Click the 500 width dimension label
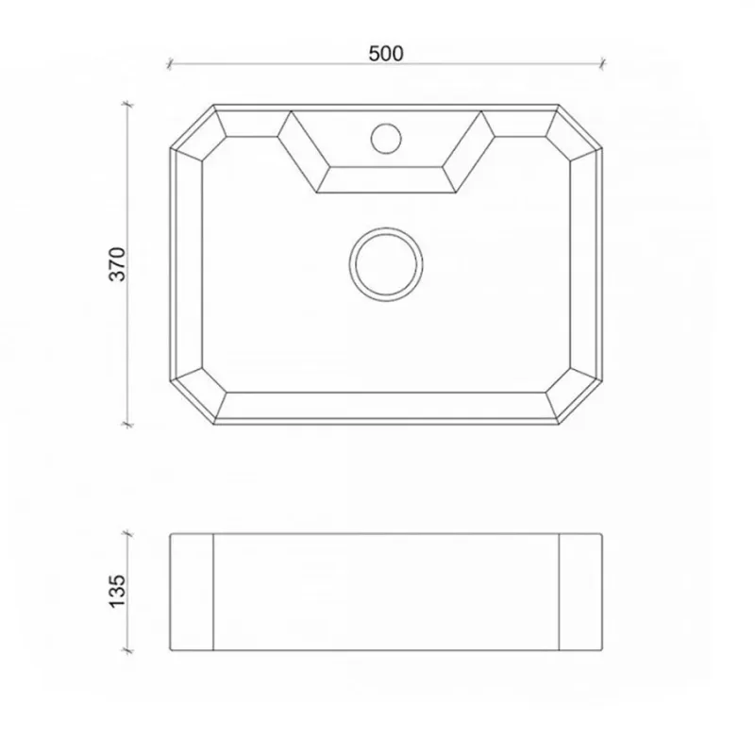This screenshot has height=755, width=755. click(x=386, y=54)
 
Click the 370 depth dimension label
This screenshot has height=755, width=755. click(x=117, y=264)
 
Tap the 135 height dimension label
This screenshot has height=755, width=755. click(x=117, y=592)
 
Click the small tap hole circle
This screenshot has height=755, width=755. click(x=386, y=139)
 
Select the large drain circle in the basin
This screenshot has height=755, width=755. click(x=386, y=264)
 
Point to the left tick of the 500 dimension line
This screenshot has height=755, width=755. click(x=170, y=63)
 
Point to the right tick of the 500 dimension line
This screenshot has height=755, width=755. click(x=602, y=63)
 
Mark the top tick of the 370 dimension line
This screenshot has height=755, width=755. click(x=127, y=104)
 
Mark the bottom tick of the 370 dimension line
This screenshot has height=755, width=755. click(x=127, y=424)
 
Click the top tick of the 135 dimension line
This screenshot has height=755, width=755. click(x=127, y=533)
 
